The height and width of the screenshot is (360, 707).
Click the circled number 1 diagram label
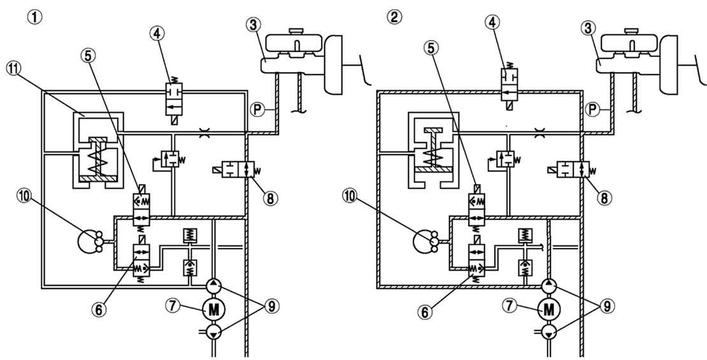pyautogui.click(x=34, y=17)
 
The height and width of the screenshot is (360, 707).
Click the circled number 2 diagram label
pyautogui.click(x=393, y=17)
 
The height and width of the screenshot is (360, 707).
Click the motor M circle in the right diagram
pyautogui.click(x=548, y=309)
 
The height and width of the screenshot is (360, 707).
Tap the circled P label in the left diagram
pyautogui.click(x=257, y=108)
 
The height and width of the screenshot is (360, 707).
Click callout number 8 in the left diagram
pyautogui.click(x=269, y=199)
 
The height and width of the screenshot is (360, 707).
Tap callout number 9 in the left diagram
pyautogui.click(x=272, y=306)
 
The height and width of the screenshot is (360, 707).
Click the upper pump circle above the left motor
pyautogui.click(x=213, y=285)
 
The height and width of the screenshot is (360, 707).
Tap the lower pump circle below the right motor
pyautogui.click(x=548, y=333)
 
